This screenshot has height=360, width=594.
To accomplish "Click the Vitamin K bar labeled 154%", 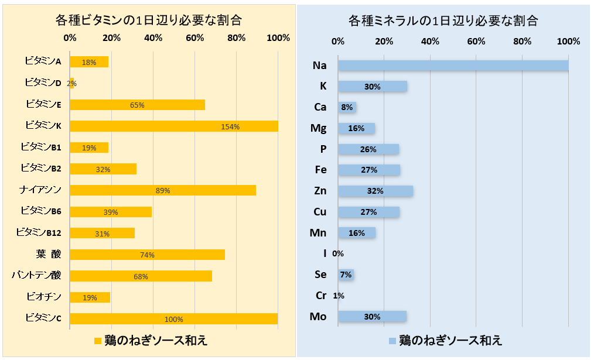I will (x=173, y=126).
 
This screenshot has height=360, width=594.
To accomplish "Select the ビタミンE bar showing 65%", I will (x=137, y=105).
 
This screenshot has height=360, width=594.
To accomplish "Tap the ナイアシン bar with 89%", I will (x=162, y=190).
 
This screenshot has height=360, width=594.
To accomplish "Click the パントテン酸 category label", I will (x=36, y=275).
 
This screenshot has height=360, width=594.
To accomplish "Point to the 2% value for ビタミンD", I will (x=71, y=84).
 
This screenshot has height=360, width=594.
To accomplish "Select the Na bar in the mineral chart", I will (x=453, y=65).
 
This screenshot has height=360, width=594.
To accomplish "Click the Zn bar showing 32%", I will (x=375, y=191).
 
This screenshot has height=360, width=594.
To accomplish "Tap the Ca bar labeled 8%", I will (x=347, y=107).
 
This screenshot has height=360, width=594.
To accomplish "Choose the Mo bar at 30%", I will (x=372, y=317).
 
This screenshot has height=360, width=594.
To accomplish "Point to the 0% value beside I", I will (x=338, y=253).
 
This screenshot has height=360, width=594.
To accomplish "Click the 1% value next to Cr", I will (x=339, y=296).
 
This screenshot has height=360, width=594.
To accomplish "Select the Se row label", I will (x=320, y=275).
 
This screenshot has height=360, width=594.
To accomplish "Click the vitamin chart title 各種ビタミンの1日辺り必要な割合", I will (x=149, y=20).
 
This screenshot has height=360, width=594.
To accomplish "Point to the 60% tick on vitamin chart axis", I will (x=195, y=38).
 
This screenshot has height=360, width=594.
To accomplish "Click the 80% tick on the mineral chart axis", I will (x=522, y=42).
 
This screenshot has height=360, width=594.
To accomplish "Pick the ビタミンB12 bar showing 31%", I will (x=102, y=233).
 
